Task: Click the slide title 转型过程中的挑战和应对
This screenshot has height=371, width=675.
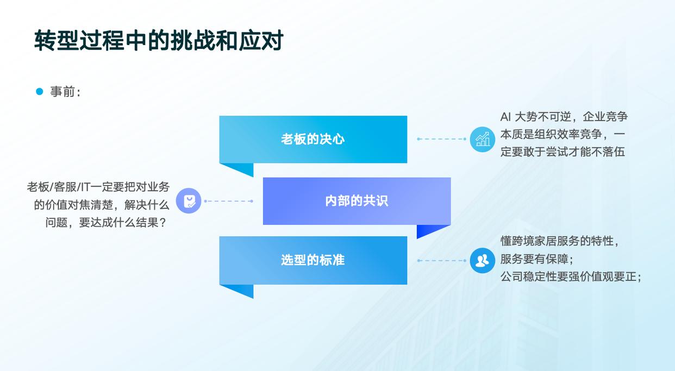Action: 159,41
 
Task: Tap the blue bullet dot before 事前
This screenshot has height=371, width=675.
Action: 39,92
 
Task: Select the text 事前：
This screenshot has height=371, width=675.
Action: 65,92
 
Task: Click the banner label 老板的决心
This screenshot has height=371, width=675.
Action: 312,139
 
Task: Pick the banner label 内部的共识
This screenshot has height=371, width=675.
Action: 357,201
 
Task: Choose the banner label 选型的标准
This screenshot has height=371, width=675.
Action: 312,260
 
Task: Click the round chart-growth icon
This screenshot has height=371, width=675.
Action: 482,139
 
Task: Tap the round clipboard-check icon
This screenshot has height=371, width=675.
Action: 189,201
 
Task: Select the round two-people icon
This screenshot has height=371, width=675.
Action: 482,260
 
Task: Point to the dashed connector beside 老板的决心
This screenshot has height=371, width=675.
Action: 441,139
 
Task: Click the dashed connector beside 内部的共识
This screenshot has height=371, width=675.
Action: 228,201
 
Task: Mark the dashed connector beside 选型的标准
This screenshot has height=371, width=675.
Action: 441,261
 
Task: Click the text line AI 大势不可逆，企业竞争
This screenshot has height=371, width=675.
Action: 564,117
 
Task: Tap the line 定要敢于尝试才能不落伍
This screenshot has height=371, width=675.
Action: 562,152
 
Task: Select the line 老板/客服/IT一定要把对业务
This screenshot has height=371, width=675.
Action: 98,187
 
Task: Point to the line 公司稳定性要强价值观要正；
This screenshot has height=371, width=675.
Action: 571,276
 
